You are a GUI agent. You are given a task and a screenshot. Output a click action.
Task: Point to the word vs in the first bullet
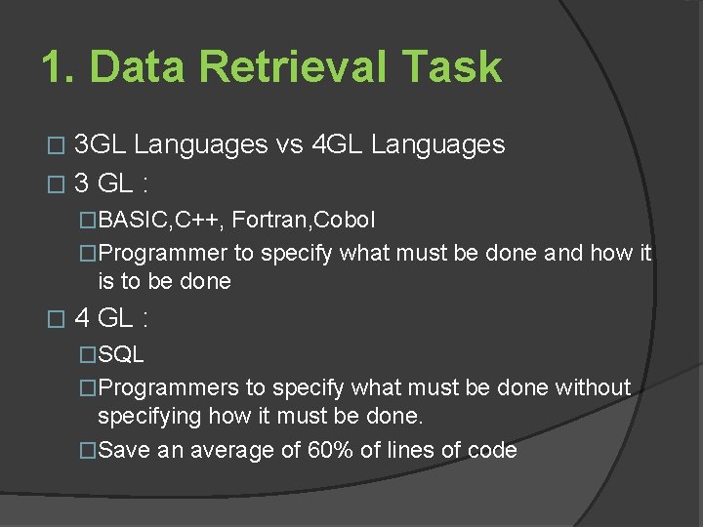[x=291, y=145]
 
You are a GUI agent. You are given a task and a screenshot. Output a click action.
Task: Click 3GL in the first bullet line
[x=101, y=145]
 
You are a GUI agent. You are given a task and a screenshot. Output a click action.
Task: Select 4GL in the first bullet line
[x=339, y=145]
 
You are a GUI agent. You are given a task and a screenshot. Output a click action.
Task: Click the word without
[x=593, y=387]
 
